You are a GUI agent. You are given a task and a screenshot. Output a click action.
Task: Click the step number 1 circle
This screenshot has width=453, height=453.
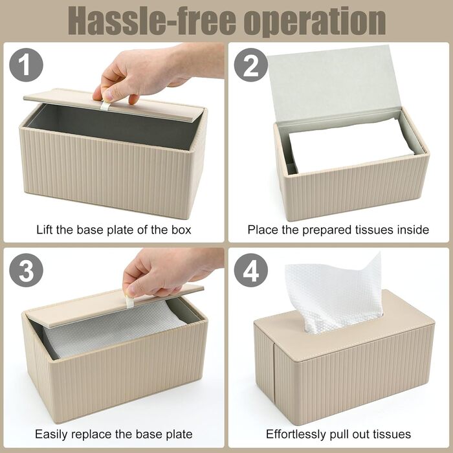coord(26,65)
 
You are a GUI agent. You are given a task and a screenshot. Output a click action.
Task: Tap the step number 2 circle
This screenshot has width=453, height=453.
coord(251,65)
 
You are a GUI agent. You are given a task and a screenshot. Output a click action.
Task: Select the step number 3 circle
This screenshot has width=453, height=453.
coord(26,270)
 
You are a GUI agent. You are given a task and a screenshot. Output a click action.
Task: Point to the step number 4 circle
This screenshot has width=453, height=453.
coord(251,270)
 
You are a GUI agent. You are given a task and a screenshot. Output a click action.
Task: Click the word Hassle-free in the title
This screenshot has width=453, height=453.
coord(152,21)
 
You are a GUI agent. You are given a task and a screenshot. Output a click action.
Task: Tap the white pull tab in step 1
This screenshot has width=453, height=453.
coord(105,105)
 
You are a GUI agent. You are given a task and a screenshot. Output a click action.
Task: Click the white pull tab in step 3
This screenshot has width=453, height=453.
coord(129,302)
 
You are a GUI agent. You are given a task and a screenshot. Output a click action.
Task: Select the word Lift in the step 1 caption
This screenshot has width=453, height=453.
coord(45,230)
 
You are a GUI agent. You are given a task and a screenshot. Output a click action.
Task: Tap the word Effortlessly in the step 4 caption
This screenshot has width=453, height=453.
coord(299,434)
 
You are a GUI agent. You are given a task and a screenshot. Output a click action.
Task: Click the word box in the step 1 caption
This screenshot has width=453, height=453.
coord(181,230)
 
